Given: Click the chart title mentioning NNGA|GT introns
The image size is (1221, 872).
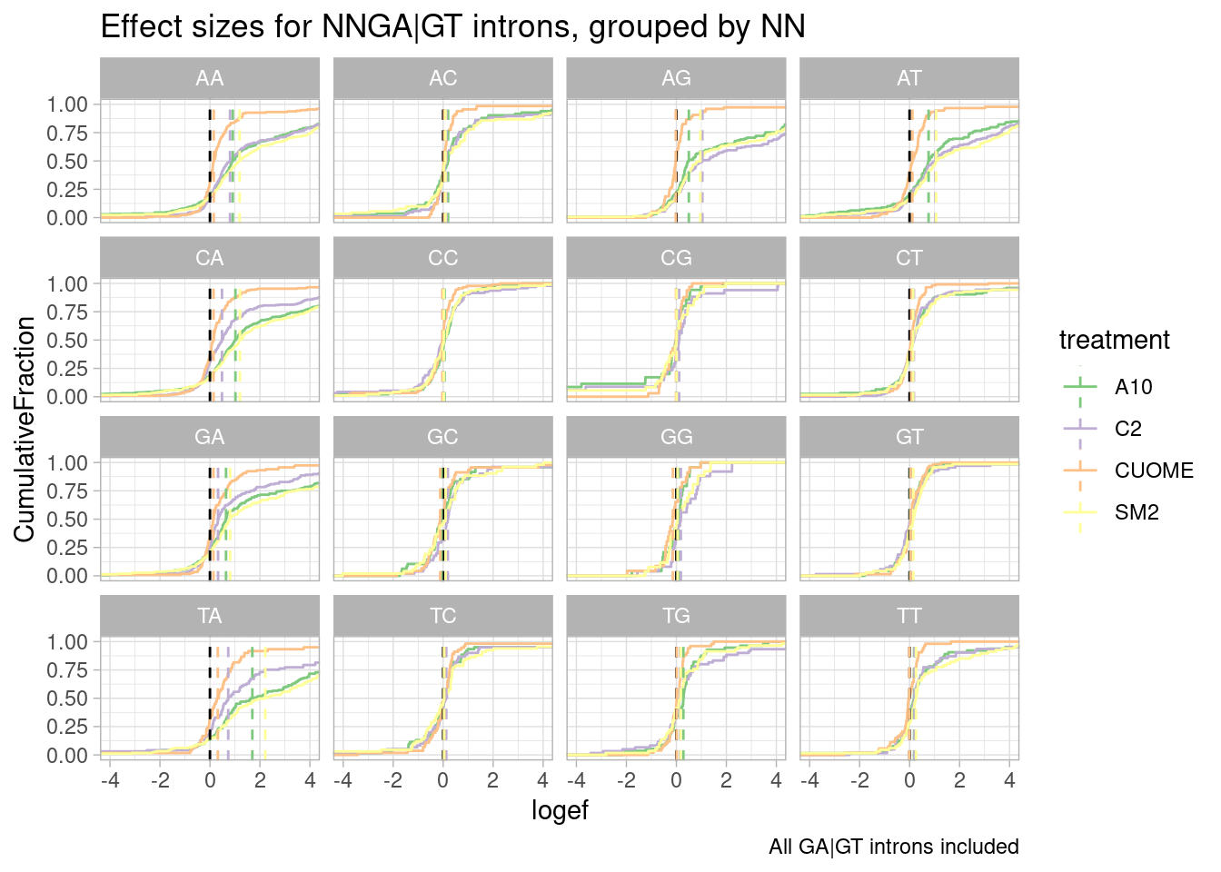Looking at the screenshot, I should click(452, 27).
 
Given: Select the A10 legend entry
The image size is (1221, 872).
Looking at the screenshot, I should click(1133, 388).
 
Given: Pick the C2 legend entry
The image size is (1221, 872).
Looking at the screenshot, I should click(1127, 430).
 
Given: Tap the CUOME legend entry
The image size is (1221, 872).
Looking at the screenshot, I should click(1153, 471).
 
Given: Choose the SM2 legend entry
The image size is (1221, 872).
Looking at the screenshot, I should click(1137, 513).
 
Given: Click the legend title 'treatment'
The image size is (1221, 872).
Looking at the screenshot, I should click(1114, 341).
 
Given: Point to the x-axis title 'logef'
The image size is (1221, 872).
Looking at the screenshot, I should click(560, 810).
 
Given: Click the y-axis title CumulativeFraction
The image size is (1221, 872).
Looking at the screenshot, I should click(25, 429).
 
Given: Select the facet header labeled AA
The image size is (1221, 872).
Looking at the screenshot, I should click(209, 79).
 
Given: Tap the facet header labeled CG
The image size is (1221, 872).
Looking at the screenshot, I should click(676, 258).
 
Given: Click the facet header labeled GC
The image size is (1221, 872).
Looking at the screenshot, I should click(442, 437).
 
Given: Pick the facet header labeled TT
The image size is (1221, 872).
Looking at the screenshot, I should click(909, 616).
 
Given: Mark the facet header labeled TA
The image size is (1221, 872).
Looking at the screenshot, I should click(209, 616).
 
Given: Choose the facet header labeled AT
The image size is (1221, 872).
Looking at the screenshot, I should click(909, 79).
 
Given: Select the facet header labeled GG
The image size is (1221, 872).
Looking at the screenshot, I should click(676, 437).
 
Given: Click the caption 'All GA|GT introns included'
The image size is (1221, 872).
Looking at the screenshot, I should click(893, 847).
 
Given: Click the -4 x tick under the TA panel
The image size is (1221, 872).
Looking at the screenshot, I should click(110, 780).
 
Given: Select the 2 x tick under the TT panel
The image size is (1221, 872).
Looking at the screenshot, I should click(959, 780).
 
